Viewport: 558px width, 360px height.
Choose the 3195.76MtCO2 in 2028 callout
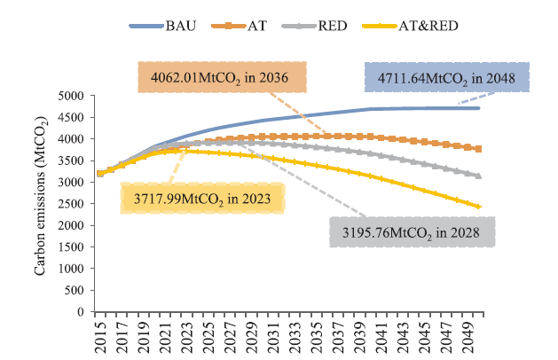412,233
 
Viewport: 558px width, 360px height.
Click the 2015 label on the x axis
99,335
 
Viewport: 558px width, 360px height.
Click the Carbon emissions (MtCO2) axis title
40,204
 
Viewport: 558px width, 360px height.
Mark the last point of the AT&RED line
479,207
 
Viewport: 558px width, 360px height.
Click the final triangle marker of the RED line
479,176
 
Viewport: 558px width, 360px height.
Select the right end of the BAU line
479,108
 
